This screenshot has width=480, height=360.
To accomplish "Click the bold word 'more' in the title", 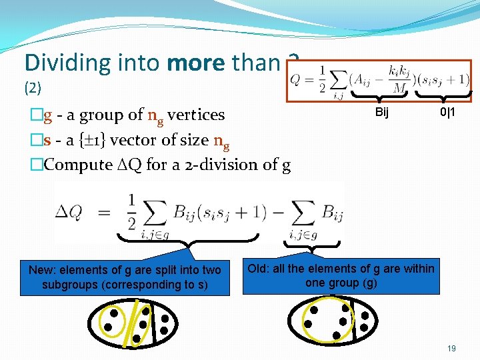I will [197, 63].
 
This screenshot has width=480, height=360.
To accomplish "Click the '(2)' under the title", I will [33, 87].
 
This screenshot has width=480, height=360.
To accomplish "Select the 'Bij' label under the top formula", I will [381, 112].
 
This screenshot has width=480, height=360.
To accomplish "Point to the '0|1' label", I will [447, 112].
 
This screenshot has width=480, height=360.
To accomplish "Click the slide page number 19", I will [451, 348].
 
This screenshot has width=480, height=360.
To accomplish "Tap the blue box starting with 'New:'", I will [125, 277].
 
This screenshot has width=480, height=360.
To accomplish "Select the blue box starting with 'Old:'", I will [341, 275].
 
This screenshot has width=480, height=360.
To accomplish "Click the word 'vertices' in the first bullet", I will [196, 115].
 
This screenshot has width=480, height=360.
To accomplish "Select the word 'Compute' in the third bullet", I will [72, 165].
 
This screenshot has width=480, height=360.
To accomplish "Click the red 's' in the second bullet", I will [47, 140].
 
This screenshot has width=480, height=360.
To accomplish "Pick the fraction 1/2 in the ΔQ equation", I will [132, 212].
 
